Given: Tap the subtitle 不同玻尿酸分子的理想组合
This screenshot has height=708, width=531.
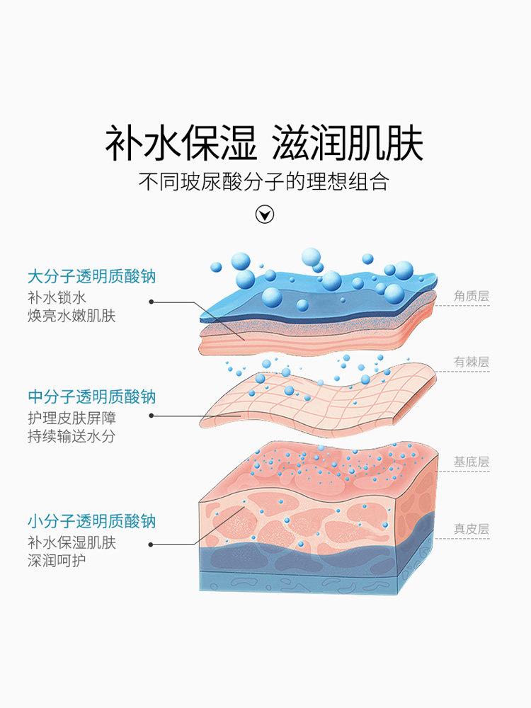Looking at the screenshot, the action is pos(265,182).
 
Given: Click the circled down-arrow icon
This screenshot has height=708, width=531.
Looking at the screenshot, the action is pos(265,215).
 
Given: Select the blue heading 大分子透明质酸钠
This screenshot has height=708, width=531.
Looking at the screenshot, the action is pos(91,275).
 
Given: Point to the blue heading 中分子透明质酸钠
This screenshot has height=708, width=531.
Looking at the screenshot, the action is pos(91,396).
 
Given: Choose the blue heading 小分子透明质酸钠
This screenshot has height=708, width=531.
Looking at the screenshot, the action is pos(91,522).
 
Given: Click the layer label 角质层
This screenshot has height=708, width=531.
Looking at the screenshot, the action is pos(472,296).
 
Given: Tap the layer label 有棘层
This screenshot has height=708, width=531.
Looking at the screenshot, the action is pos(472,362).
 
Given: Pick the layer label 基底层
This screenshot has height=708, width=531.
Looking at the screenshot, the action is pos(472,462).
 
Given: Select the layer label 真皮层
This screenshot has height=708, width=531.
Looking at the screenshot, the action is pos(472,528).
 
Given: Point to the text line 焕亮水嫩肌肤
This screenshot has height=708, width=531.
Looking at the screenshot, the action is pos(72,315).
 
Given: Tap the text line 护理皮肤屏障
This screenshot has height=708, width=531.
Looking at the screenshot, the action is pos(72,418).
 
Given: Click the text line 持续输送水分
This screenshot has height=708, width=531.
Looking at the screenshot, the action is pos(72,436).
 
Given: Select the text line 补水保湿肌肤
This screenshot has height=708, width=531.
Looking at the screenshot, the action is pos(72,543).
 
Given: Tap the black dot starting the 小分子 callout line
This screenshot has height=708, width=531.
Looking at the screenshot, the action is pos(152,544).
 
